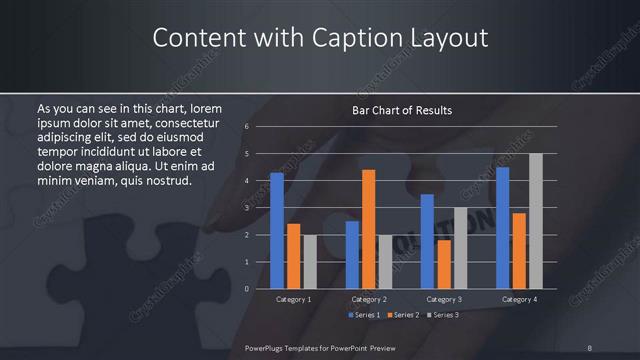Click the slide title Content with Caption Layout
pos(320,38)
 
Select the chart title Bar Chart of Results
pos(402,110)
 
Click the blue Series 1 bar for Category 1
pos(277,231)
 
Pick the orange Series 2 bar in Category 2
pos(368,229)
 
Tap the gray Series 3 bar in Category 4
pos(535,221)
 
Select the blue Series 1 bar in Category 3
pos(427,241)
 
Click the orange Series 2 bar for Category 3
pos(443,264)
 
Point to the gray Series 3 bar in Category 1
pos(309,262)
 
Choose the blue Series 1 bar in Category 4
pos(502,228)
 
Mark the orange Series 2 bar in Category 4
pos(518,251)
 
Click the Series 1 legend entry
pos(364,315)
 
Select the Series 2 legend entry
pos(404,315)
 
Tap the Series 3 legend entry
pos(443,315)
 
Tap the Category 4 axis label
pos(518,299)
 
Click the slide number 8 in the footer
pos(590,347)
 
